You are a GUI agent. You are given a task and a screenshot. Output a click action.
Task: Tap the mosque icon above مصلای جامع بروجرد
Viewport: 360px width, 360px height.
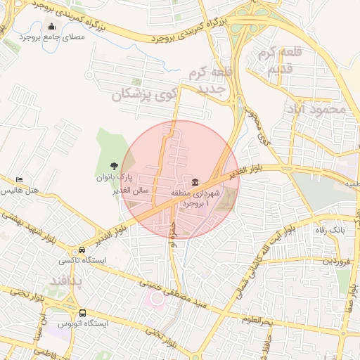coord(51,27)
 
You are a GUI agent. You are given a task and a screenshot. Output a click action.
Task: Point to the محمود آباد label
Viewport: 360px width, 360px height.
coord(317,109)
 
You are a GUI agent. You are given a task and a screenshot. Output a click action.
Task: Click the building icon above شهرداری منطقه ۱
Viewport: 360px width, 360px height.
coord(195,182)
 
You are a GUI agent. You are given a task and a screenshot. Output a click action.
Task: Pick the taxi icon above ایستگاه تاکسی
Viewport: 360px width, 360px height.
coord(83,250)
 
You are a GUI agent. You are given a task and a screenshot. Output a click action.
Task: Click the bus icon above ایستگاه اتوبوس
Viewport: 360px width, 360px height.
coord(83,313)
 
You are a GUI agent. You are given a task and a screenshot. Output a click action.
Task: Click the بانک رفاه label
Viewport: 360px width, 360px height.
coord(328,231)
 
